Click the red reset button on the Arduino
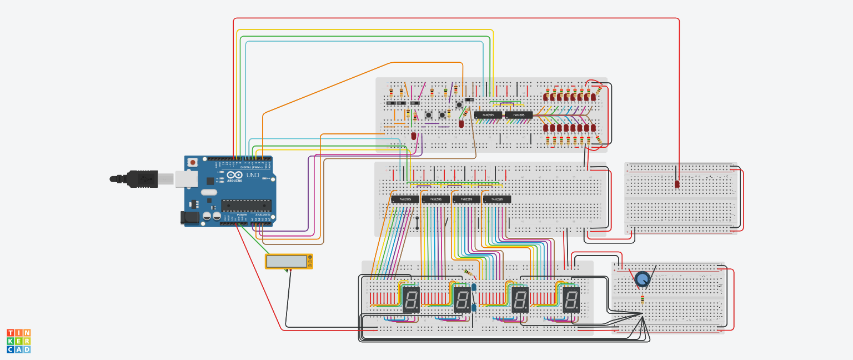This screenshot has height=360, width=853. click(192, 162)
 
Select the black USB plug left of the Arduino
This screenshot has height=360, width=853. click(138, 178)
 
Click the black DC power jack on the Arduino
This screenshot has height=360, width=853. click(190, 218)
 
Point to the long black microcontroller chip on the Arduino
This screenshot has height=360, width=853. click(246, 206)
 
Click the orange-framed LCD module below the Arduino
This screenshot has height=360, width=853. click(288, 261)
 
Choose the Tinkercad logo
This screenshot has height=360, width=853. click(18, 341)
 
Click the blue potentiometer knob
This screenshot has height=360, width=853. click(643, 279)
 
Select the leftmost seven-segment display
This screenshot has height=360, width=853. click(411, 299)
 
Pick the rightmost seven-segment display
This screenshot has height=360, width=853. click(571, 299)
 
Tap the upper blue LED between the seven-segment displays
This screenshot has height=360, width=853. click(474, 287)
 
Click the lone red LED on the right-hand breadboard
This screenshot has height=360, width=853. click(678, 184)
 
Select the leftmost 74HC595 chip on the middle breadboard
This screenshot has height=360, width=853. click(405, 199)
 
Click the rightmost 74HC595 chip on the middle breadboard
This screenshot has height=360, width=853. click(497, 199)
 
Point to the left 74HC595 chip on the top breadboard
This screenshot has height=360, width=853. click(488, 115)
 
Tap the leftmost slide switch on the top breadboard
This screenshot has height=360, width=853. click(390, 103)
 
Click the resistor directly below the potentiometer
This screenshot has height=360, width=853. click(643, 301)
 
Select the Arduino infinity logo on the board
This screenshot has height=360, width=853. click(234, 175)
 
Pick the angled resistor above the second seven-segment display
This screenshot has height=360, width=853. click(470, 273)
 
